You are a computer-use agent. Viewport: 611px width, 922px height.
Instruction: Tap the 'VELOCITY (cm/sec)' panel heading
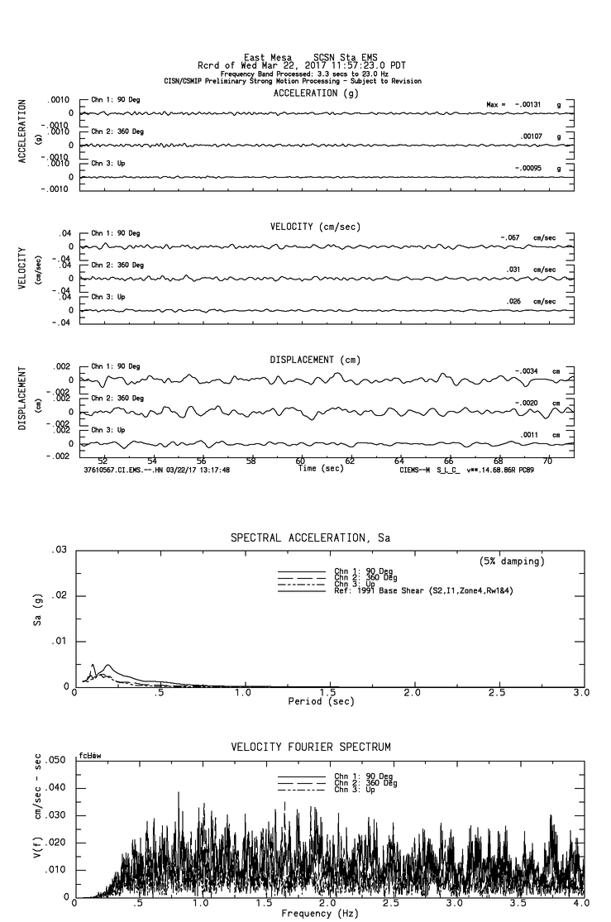click(x=315, y=227)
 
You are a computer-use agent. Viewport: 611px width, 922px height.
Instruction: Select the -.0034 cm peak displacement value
click(x=526, y=371)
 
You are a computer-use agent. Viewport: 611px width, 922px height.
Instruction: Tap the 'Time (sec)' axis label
click(x=321, y=469)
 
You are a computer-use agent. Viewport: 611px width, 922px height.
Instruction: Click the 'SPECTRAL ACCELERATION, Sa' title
click(x=310, y=537)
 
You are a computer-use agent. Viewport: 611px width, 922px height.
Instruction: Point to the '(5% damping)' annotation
click(x=512, y=561)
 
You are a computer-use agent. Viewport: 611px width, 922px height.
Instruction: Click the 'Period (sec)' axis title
click(x=320, y=701)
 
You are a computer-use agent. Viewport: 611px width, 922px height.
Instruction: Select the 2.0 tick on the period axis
click(x=413, y=693)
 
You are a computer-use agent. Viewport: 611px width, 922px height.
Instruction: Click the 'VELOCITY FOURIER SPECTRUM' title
click(x=311, y=748)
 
